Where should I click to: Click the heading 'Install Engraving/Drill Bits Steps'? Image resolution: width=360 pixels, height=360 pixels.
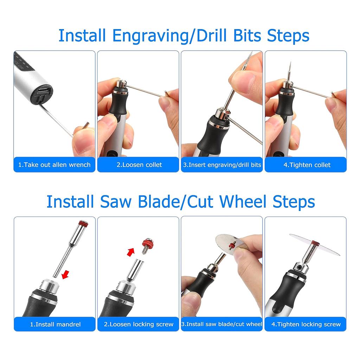tap(184, 36)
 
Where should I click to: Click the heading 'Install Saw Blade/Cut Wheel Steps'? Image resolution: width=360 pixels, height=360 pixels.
tap(181, 201)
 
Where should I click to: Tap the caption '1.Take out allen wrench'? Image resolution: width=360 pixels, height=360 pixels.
tap(54, 165)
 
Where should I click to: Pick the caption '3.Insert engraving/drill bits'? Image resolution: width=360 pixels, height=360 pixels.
tap(222, 165)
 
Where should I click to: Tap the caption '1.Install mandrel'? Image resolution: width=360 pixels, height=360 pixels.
tap(54, 324)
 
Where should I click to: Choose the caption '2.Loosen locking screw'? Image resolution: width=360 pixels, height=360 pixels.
tap(139, 324)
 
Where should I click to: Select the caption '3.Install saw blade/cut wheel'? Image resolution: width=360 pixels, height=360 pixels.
tap(222, 324)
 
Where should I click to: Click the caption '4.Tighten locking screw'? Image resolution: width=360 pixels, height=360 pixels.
tap(306, 324)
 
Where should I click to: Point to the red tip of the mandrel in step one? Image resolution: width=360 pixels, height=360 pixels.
tap(83, 223)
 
